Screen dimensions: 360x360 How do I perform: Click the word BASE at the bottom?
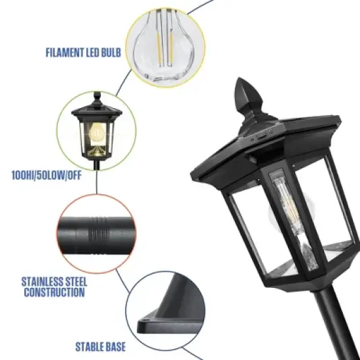(111, 347)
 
